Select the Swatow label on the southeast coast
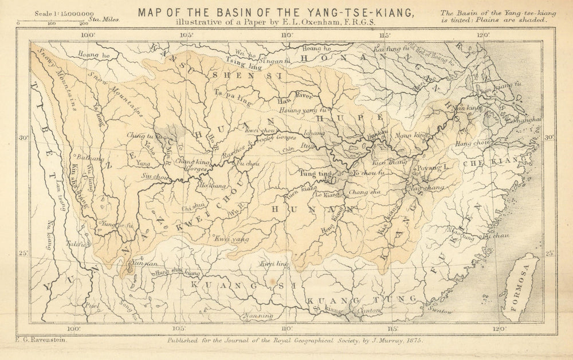tap(440, 311)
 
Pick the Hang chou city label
tap(467, 146)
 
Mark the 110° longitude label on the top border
tap(286, 34)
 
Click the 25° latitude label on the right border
tap(550, 253)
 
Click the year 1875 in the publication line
tap(412, 341)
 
